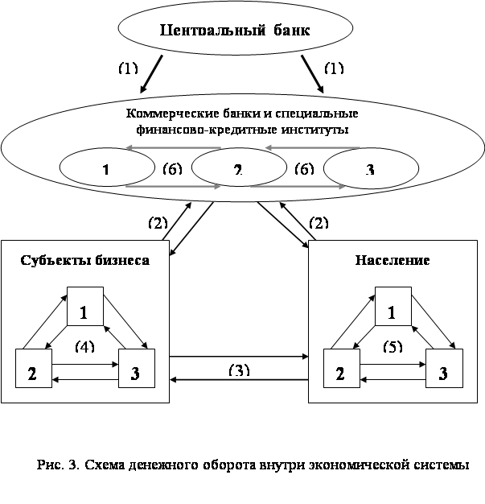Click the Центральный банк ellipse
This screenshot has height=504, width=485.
(x=235, y=32)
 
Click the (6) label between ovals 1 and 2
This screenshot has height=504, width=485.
(x=172, y=168)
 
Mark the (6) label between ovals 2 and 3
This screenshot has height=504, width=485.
(x=303, y=168)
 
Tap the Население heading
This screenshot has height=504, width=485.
(x=392, y=260)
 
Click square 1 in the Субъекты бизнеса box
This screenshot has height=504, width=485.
(x=84, y=308)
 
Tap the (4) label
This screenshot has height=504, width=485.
(x=85, y=346)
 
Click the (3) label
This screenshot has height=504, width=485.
(x=239, y=370)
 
